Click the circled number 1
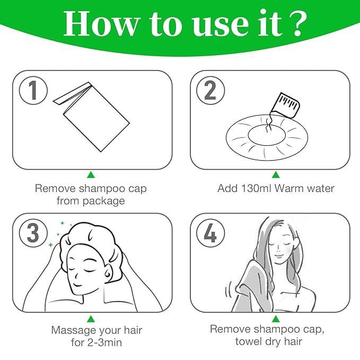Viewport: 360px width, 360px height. (x=33, y=91)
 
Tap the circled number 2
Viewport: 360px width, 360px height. (x=210, y=91)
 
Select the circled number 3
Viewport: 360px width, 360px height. (x=33, y=234)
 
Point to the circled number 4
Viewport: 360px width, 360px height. (x=210, y=234)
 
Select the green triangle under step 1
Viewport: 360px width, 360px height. (x=91, y=174)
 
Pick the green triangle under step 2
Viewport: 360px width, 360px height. (x=276, y=174)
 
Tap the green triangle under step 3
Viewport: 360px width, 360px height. (x=91, y=319)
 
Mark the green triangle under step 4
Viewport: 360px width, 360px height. (x=276, y=319)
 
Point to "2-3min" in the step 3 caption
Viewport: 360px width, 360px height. (x=104, y=343)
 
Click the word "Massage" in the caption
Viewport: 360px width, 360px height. (x=73, y=330)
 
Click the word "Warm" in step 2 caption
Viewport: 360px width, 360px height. (x=287, y=188)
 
